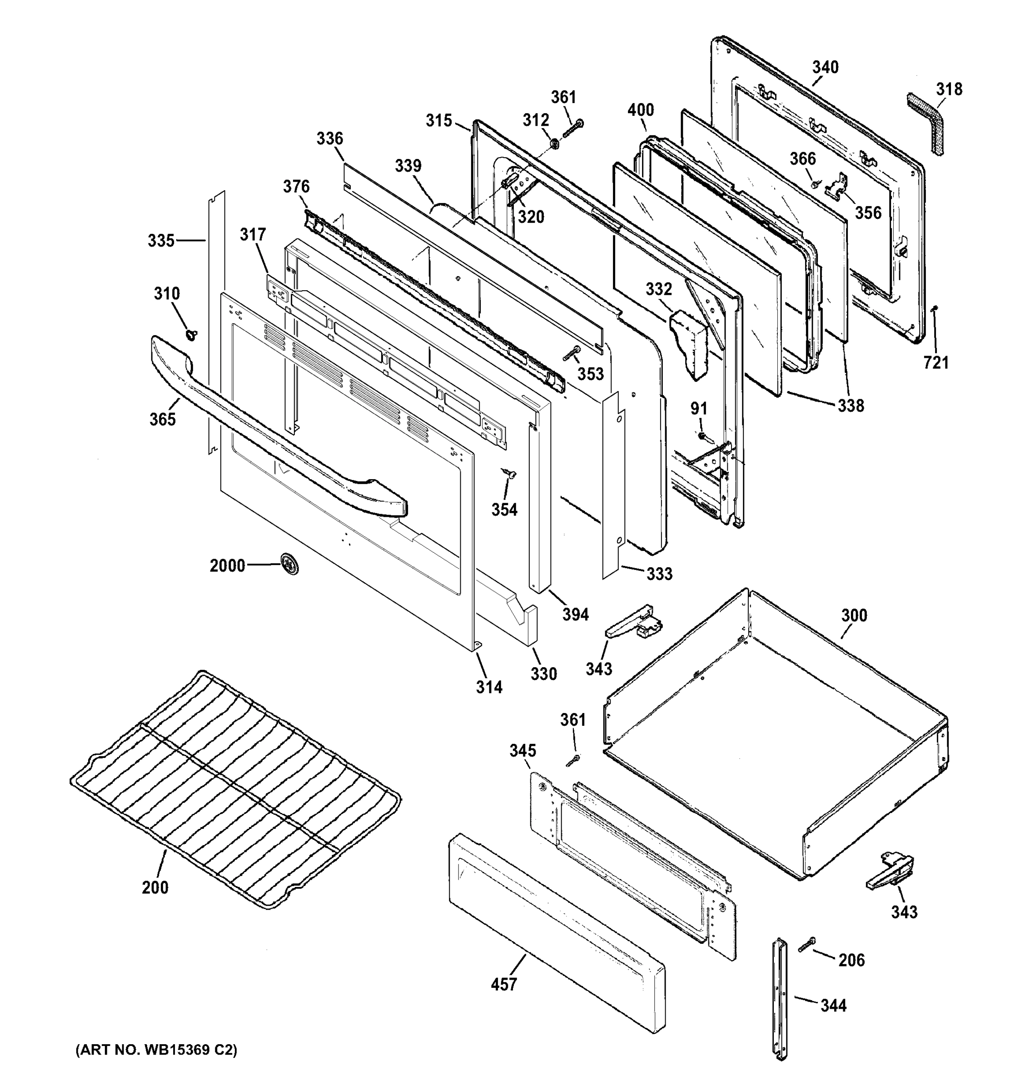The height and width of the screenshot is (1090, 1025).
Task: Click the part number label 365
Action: click(x=162, y=420)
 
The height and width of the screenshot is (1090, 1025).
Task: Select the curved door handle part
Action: click(x=274, y=433)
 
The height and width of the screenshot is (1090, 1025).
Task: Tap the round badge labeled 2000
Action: click(x=289, y=564)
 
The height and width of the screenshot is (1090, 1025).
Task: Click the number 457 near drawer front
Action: click(x=503, y=984)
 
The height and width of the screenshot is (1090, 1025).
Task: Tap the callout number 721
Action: click(x=935, y=362)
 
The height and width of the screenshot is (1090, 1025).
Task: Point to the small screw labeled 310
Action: click(x=191, y=334)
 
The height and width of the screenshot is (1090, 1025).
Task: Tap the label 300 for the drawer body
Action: click(x=854, y=616)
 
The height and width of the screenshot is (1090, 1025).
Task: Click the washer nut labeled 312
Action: click(x=554, y=144)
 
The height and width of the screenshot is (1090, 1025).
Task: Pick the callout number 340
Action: click(x=825, y=67)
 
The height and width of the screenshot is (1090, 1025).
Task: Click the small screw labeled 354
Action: click(x=509, y=474)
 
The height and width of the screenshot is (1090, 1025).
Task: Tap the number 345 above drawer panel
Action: click(x=522, y=750)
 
